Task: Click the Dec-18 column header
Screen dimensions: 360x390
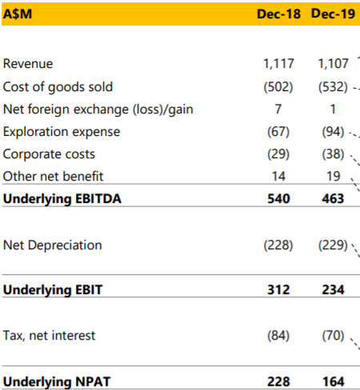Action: point(278,14)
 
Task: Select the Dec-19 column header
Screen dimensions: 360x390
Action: point(333,14)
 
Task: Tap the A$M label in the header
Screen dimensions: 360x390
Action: point(18,14)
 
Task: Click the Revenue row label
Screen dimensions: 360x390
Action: point(28,64)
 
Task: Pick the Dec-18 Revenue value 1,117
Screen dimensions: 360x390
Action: point(278,64)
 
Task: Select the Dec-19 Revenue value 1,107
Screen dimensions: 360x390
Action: point(334,64)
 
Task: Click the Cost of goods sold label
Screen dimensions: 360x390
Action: point(58,87)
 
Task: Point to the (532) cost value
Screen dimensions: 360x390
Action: point(333,87)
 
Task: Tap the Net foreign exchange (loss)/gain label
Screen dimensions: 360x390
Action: point(98,109)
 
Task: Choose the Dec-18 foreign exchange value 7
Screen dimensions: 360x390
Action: point(278,109)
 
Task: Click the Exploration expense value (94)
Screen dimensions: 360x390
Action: point(333,132)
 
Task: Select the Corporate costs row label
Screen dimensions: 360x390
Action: point(49,154)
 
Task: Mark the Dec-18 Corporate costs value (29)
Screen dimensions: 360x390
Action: point(278,154)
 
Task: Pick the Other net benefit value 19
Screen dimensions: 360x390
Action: point(334,177)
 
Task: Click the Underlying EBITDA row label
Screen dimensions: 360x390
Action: point(62,199)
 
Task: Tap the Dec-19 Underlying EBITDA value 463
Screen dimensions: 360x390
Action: point(333,199)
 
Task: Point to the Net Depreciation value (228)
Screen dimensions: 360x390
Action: point(278,245)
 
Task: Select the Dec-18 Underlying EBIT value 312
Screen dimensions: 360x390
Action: point(278,289)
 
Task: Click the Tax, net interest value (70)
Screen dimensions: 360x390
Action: point(333,336)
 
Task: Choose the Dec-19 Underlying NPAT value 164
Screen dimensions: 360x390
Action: point(334,382)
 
